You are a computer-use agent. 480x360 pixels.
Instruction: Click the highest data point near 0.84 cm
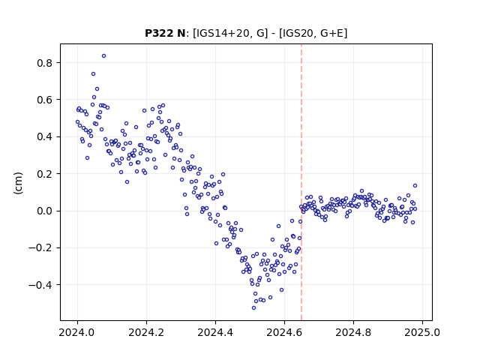[x=103, y=56]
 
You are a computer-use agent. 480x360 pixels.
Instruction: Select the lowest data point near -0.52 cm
[x=253, y=307]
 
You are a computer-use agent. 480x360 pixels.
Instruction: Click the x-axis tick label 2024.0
[x=77, y=333]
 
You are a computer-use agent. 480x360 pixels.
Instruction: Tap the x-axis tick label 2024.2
[x=146, y=333]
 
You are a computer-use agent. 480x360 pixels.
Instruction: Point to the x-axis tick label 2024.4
[x=215, y=333]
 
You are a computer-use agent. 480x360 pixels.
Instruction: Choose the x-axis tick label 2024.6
[x=284, y=333]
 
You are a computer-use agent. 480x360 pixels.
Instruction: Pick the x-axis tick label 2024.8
[x=353, y=333]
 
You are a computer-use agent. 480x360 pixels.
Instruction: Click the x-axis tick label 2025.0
[x=422, y=333]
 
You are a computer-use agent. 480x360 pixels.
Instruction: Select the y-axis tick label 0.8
[x=45, y=63]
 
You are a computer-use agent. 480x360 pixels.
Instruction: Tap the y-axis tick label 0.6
[x=45, y=100]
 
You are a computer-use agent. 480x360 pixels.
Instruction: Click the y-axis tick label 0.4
[x=45, y=136]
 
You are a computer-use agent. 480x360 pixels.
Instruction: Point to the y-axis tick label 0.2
[x=45, y=174]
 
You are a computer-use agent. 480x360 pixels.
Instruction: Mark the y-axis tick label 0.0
[x=45, y=211]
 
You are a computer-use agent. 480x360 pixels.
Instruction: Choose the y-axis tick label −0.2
[x=40, y=248]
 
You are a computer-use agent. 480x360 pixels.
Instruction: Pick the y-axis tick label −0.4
[x=40, y=285]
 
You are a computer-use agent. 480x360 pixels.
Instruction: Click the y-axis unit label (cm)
[x=18, y=183]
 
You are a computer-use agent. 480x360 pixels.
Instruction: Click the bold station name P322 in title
[x=160, y=33]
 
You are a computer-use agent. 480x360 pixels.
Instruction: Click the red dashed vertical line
[x=301, y=182]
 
